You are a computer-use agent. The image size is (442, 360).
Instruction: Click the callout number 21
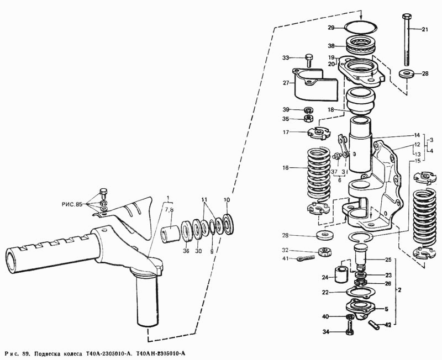coord(425,29)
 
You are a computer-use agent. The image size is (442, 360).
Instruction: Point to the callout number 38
coord(331,46)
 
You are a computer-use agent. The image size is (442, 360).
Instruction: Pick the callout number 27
coord(286,83)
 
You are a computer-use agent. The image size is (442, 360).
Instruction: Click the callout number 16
coord(285,168)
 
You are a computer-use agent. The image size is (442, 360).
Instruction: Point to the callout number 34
coord(326,332)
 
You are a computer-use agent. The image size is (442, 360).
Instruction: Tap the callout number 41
coord(286,258)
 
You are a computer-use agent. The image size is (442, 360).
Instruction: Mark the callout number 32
coord(286,250)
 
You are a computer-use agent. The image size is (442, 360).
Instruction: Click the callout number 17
coord(286,132)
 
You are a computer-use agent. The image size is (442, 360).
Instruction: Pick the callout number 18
coord(331,110)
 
